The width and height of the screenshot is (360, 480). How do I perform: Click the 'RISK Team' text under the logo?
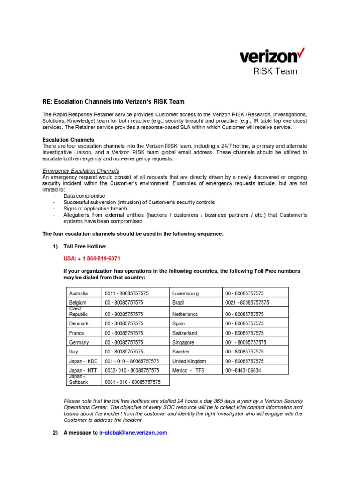275,72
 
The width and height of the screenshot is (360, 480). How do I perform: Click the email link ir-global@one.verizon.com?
133,433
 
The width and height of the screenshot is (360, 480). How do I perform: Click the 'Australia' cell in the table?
78,293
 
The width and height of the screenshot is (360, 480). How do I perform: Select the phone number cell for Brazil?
247,303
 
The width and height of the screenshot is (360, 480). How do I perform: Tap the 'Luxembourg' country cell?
186,293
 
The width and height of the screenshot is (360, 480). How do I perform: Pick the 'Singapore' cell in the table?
184,343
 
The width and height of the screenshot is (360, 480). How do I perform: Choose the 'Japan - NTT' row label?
83,370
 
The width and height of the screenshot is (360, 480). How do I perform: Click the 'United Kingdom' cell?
189,361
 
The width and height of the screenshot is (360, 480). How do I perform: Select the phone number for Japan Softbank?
133,382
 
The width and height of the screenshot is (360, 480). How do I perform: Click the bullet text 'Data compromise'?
84,196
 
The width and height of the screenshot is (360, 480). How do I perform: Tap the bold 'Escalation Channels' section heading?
68,140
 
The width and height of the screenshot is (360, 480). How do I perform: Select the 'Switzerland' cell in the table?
185,333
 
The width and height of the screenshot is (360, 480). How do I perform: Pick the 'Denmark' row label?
79,323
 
